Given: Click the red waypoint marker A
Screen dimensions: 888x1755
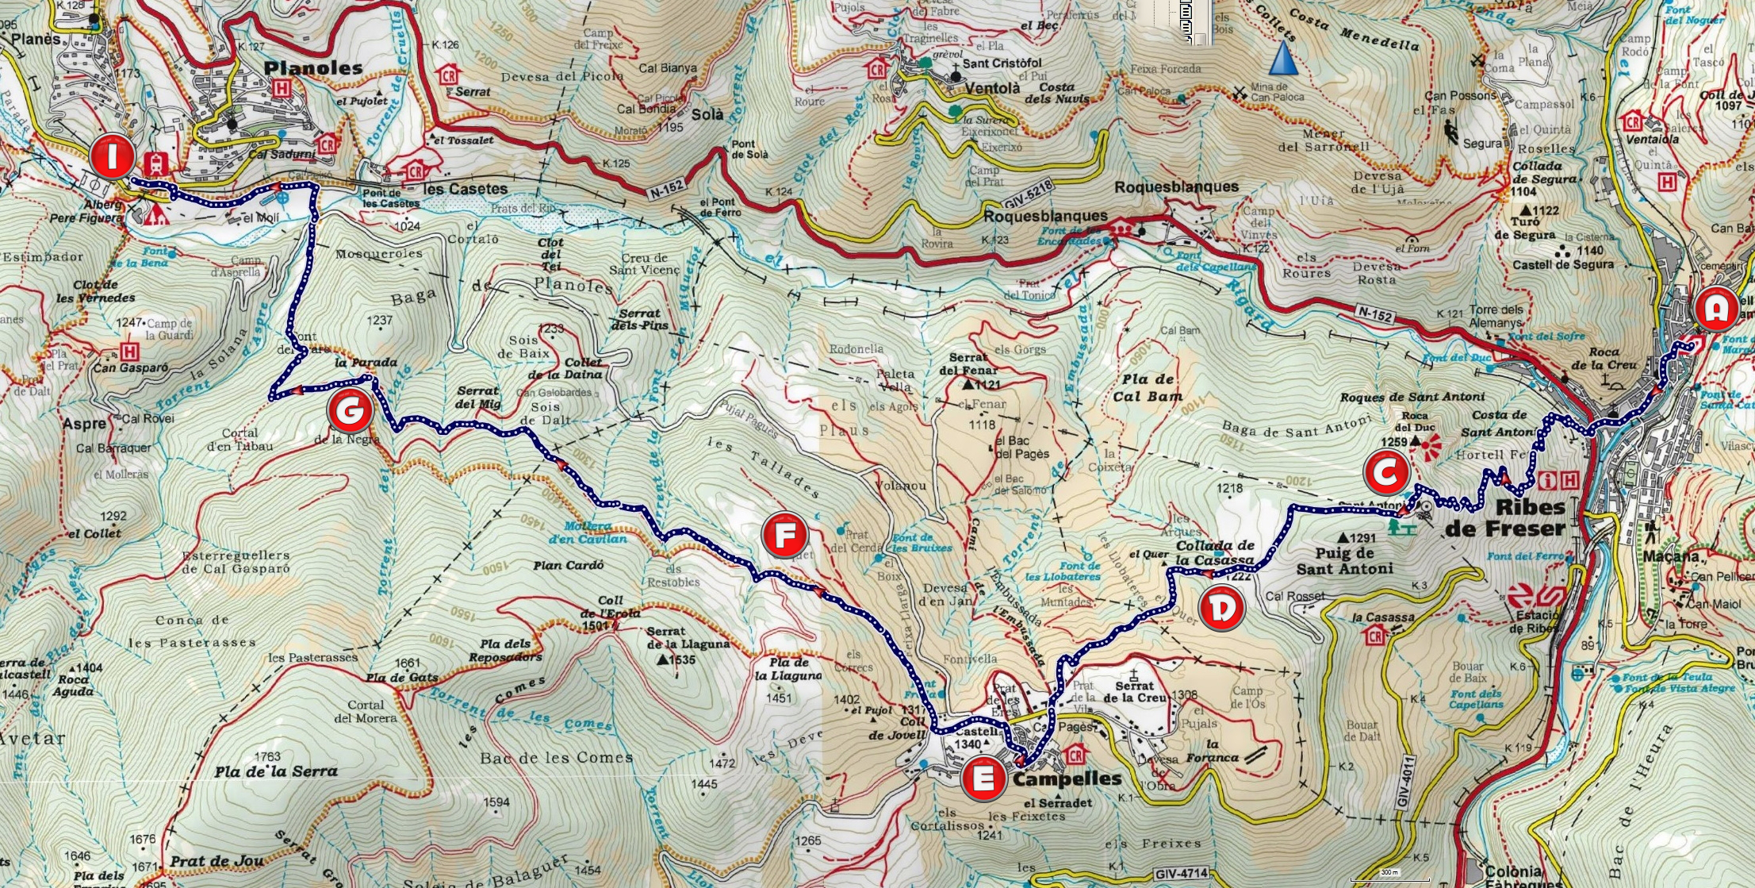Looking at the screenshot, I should [1715, 309].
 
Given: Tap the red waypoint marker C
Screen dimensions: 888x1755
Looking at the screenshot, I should [1385, 474].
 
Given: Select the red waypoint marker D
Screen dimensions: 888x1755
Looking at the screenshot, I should [1221, 609].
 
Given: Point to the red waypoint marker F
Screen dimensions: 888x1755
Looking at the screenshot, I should [784, 536].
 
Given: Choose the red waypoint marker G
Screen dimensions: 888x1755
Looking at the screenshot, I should [350, 411].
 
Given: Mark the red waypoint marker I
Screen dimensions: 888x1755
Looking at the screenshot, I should [112, 156].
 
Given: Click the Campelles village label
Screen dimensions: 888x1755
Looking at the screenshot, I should [1067, 779].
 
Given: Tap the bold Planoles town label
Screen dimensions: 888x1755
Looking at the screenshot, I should [312, 68].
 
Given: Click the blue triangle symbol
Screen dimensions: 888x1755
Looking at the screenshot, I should [1282, 60].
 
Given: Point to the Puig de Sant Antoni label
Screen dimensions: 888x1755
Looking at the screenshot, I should [1344, 561].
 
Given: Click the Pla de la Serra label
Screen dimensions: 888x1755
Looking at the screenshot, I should [275, 771].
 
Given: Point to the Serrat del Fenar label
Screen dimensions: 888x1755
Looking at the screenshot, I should [968, 363].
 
